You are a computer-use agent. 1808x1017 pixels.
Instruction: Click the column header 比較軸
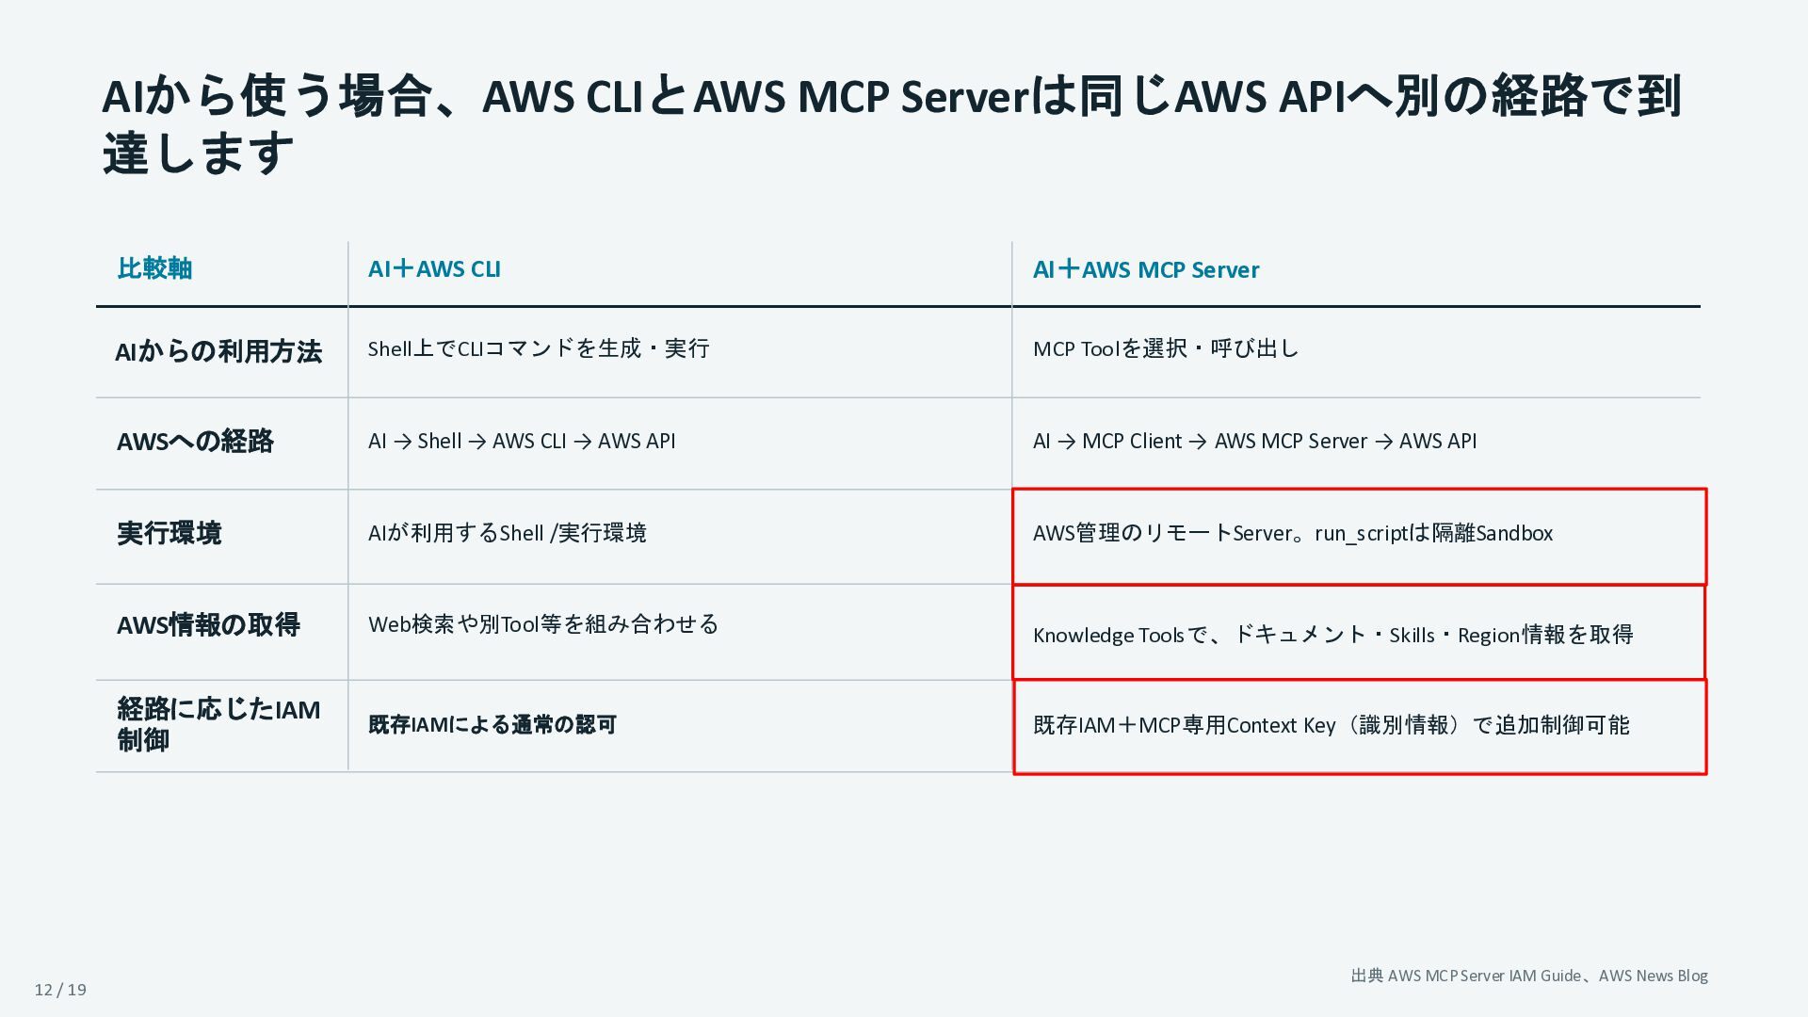coord(154,269)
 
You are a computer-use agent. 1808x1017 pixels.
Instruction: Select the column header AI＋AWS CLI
coord(434,269)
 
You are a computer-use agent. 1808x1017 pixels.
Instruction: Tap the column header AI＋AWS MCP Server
coord(1146,270)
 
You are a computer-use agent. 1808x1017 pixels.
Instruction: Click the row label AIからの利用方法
coord(218,352)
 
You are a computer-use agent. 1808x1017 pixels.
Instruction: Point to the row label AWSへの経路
coord(195,442)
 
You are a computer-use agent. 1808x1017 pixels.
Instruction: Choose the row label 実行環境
coord(169,534)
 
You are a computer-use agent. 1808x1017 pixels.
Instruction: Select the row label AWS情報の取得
coord(208,625)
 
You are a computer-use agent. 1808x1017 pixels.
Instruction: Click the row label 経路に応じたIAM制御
coord(218,724)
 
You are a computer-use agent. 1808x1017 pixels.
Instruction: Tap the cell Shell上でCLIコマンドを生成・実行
coord(539,349)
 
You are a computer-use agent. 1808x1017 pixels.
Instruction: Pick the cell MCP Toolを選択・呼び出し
coord(1166,349)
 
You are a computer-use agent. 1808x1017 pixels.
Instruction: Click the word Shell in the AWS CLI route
coord(440,442)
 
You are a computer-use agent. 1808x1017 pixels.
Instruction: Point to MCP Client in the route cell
coord(1132,442)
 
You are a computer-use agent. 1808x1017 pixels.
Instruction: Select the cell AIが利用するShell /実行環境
coord(508,533)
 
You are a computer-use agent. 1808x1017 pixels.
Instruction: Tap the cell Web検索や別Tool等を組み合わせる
coord(543,624)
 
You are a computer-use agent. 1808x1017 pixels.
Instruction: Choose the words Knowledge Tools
coord(1108,636)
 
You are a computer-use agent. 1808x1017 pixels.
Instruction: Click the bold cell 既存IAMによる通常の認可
coord(492,725)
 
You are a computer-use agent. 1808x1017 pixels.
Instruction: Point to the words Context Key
coord(1281,726)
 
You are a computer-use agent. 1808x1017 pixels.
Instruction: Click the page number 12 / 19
coord(60,990)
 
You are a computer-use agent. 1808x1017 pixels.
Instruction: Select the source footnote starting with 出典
coord(1529,977)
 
